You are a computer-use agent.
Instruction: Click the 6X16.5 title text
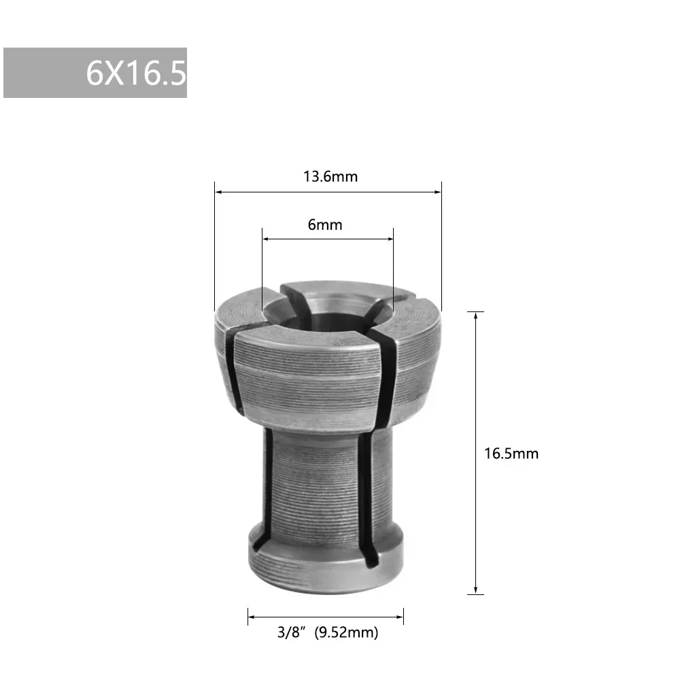(135, 73)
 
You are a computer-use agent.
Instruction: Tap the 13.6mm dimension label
(330, 177)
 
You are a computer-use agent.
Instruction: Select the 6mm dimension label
(325, 224)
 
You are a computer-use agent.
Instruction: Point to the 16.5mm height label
(511, 453)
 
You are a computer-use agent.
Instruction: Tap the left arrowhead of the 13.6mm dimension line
(218, 192)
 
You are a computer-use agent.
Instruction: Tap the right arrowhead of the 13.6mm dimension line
(438, 192)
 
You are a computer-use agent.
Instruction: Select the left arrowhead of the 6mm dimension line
(267, 239)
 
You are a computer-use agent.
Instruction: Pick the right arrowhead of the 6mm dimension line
(390, 239)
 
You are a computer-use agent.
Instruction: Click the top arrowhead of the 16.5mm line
(476, 316)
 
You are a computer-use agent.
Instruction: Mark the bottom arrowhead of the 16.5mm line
(476, 590)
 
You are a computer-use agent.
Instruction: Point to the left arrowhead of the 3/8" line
(251, 617)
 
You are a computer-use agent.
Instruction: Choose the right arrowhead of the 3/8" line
(400, 617)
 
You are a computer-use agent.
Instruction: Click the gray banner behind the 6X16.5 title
(41, 73)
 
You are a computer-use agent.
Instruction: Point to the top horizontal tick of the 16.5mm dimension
(476, 311)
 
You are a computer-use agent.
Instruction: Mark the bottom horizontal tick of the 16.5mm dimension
(476, 595)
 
